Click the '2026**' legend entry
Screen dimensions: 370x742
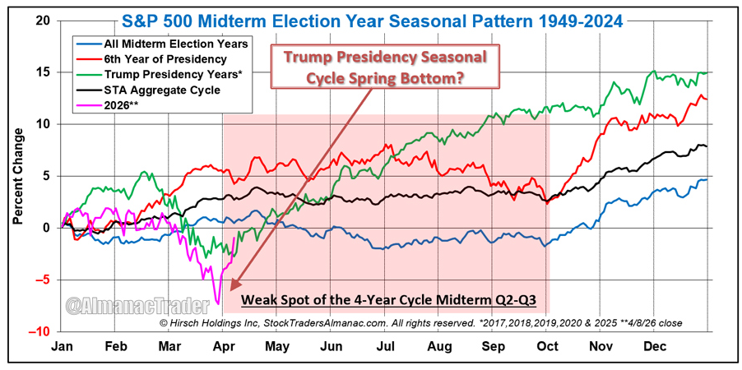[x=122, y=105]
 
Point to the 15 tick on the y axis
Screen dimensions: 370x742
[x=44, y=72]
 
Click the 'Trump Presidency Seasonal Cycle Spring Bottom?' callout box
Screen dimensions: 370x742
[x=386, y=67]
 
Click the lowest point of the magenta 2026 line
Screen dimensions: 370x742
[x=216, y=301]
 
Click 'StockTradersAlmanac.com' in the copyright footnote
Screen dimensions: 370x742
[x=322, y=323]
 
